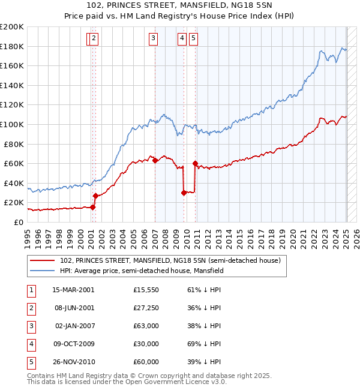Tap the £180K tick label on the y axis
[x=11, y=46]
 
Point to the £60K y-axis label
[x=13, y=163]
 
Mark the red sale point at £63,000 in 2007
[x=155, y=160]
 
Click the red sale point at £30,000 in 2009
[x=184, y=193]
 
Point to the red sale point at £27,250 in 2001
[x=95, y=196]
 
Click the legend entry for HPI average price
[x=141, y=271]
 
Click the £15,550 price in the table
[x=146, y=290]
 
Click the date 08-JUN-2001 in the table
[x=74, y=308]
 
